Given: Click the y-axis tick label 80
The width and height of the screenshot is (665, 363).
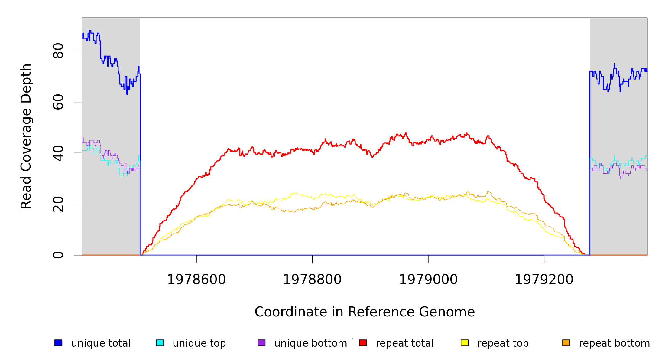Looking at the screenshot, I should (x=58, y=51).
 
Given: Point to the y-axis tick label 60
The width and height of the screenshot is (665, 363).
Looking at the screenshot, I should (x=58, y=102).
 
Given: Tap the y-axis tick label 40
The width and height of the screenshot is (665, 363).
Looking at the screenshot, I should (x=58, y=153).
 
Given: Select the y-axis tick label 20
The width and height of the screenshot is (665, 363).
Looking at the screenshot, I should (x=58, y=204).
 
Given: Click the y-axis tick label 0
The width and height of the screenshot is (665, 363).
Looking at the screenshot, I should (x=58, y=255).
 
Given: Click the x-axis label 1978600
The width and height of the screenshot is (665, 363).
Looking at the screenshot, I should (x=196, y=280).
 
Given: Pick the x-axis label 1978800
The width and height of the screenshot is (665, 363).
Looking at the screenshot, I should (x=312, y=280).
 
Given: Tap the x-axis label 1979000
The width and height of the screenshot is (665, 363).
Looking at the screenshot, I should (x=428, y=280).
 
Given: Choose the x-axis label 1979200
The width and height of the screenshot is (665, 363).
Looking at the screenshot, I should (x=544, y=280).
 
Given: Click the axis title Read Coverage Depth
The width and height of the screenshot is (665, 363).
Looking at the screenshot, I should (x=26, y=136).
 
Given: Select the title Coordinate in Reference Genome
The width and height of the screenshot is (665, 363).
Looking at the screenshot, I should (x=365, y=312).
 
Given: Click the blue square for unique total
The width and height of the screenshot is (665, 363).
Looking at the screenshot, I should (x=58, y=343).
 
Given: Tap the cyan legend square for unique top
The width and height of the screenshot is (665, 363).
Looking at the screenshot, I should (x=160, y=343).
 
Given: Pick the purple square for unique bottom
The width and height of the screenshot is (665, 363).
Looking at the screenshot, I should (x=261, y=343).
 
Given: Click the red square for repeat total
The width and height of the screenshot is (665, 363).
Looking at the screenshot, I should (x=363, y=343).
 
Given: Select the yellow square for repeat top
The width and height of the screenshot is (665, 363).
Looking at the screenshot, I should (x=465, y=343).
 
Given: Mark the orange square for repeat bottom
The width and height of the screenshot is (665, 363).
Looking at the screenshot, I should (x=566, y=343).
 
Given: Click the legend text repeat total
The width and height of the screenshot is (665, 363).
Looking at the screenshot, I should (x=404, y=343).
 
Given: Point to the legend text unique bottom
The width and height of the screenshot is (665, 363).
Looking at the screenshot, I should (x=310, y=343).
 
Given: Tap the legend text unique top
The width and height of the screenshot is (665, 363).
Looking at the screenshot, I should (x=199, y=343).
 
